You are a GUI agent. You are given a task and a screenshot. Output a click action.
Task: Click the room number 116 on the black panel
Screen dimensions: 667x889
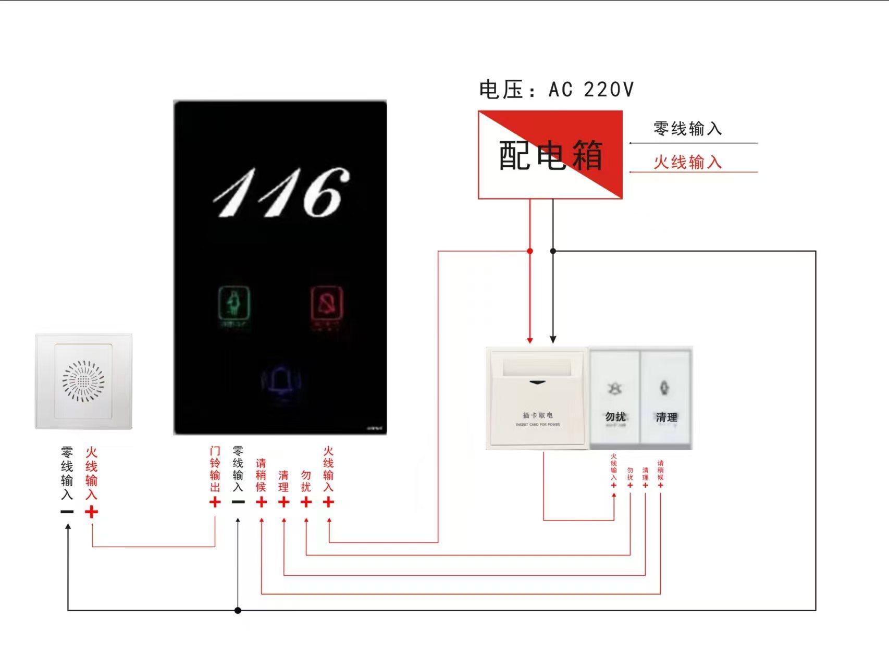tap(281, 193)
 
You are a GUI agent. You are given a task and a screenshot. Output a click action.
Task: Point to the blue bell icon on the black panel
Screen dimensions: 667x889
tap(281, 382)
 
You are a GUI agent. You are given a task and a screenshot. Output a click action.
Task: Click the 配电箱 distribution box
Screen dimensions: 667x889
tap(550, 155)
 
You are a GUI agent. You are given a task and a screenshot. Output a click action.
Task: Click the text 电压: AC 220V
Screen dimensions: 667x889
tap(556, 90)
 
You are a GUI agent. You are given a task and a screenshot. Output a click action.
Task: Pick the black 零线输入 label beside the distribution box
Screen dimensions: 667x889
tap(687, 129)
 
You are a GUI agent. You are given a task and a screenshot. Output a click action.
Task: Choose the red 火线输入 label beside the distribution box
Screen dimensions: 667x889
tap(687, 162)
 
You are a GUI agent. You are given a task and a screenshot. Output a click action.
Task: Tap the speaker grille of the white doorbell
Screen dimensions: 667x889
tap(83, 381)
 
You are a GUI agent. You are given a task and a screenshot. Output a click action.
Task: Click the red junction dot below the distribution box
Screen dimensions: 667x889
tap(530, 251)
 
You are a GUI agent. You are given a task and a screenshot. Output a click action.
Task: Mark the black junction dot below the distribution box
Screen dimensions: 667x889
tap(553, 251)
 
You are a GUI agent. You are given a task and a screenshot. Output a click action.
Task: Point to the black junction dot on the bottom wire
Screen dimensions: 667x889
tap(238, 610)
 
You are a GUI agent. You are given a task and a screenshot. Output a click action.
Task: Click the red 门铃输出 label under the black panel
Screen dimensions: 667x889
tap(215, 469)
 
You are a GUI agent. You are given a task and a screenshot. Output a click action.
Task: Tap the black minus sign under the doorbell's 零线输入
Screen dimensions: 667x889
tap(67, 512)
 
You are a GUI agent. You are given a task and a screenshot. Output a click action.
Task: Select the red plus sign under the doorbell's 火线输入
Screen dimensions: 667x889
tap(91, 512)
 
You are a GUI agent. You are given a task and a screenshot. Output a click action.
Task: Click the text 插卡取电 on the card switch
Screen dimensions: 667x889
tap(538, 415)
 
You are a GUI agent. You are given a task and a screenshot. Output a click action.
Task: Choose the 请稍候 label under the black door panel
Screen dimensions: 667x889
tap(261, 475)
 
